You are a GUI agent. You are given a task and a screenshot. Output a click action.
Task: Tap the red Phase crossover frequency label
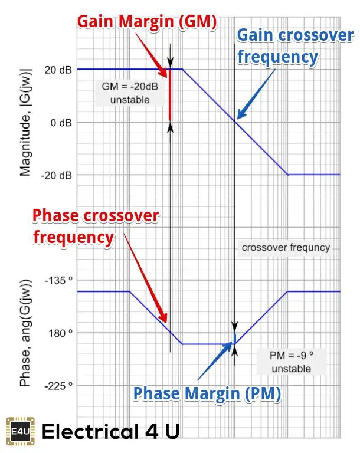click(95, 226)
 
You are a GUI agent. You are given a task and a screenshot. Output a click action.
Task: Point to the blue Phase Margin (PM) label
click(206, 393)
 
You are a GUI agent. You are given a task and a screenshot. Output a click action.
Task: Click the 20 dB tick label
click(58, 70)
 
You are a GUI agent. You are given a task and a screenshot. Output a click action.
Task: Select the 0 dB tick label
click(61, 123)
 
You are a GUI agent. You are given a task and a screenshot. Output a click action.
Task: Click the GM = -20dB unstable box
click(130, 93)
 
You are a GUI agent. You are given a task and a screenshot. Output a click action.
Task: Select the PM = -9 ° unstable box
click(290, 362)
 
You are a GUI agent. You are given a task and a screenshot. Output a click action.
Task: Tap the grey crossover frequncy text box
click(286, 248)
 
